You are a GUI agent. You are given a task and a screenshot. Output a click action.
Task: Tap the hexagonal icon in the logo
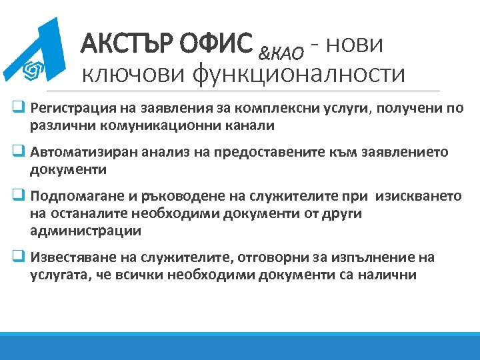click(x=30, y=69)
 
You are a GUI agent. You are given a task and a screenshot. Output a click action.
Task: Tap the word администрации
click(x=85, y=231)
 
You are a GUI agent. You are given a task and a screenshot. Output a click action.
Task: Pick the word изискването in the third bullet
click(x=418, y=197)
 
